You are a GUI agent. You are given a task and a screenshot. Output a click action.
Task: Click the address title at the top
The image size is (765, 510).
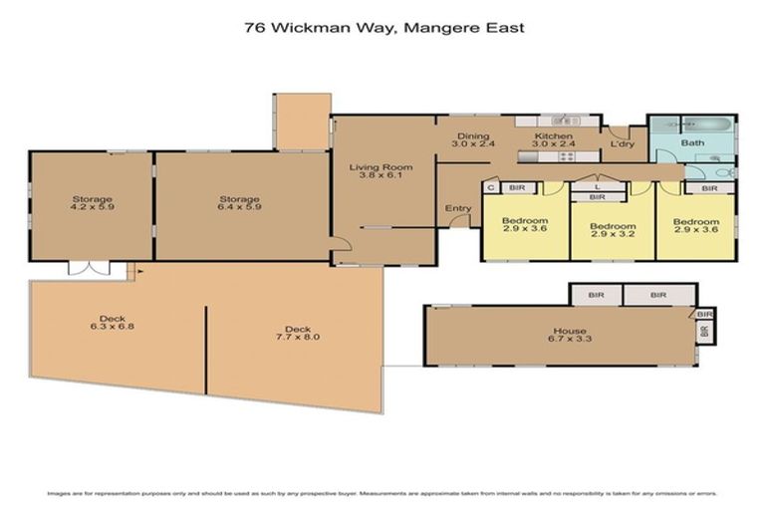coord(383,28)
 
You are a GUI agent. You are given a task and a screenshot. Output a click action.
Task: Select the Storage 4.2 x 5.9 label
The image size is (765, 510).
coord(91,204)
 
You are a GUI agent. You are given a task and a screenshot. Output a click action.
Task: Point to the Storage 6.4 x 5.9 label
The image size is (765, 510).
coord(239,204)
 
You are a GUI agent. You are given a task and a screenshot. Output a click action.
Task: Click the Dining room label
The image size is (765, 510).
coord(471,140)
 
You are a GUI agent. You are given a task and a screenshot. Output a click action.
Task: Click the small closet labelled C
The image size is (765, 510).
coord(491,186)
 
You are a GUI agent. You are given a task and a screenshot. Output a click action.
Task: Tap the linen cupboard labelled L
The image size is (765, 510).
coord(596,186)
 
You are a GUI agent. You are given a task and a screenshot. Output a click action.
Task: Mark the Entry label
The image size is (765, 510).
coord(458,208)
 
